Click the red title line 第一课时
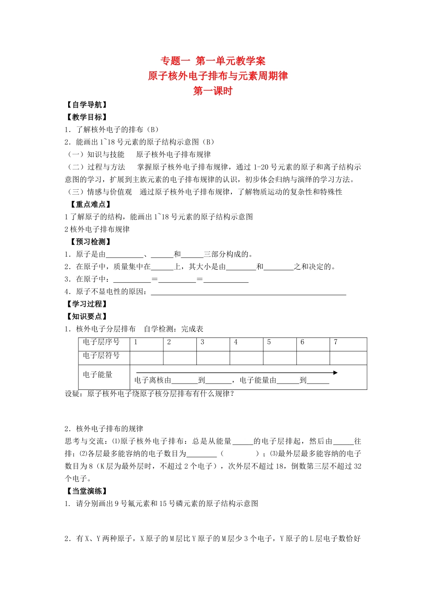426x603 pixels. (213, 91)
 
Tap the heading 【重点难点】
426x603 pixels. (90, 205)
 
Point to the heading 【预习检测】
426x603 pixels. (90, 242)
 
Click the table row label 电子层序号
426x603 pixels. (101, 342)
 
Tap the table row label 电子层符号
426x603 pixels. (101, 356)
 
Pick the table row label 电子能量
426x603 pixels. (98, 375)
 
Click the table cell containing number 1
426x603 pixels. (147, 344)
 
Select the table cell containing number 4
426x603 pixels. (246, 344)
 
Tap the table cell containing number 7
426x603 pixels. (348, 344)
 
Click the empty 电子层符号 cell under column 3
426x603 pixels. (213, 358)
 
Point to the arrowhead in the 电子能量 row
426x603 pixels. (335, 373)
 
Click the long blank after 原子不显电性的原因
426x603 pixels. (248, 293)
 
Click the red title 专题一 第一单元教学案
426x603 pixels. (213, 61)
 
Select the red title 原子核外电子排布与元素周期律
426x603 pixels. (218, 76)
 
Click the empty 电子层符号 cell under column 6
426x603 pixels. (313, 358)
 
